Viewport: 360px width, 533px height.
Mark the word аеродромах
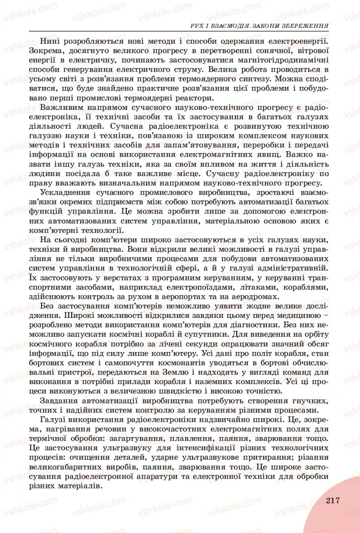coord(254,296)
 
